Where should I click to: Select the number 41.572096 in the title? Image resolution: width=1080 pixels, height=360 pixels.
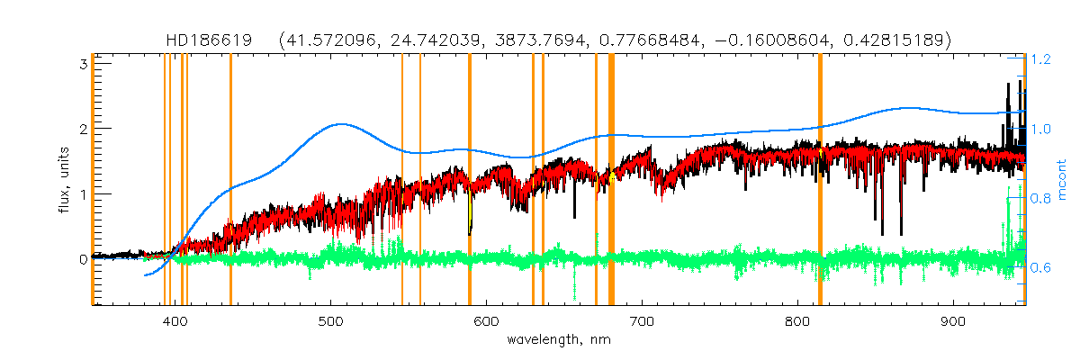point(328,40)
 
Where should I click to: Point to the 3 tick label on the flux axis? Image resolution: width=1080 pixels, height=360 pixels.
point(82,64)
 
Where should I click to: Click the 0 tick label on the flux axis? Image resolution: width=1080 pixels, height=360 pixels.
point(82,259)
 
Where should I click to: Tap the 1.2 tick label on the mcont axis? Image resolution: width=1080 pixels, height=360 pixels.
point(1041,59)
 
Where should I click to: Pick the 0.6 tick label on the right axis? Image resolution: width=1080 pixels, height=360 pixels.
point(1041,268)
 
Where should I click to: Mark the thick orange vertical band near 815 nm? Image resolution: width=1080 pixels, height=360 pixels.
point(820,180)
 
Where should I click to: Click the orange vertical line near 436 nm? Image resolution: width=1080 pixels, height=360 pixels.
point(230,180)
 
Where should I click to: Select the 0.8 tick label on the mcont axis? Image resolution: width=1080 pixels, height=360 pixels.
point(1041,199)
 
